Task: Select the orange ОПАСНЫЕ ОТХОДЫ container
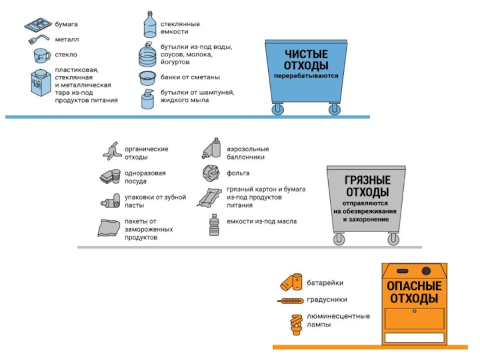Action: coord(414,300)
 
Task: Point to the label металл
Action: coord(67,40)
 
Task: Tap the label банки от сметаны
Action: coord(190,77)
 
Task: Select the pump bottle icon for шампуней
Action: coord(148,98)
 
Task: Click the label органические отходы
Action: coord(146,153)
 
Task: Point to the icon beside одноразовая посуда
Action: coord(110,176)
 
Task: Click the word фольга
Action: coord(238,173)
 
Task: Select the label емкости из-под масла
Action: coord(261,221)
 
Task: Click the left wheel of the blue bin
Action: coord(277,109)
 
